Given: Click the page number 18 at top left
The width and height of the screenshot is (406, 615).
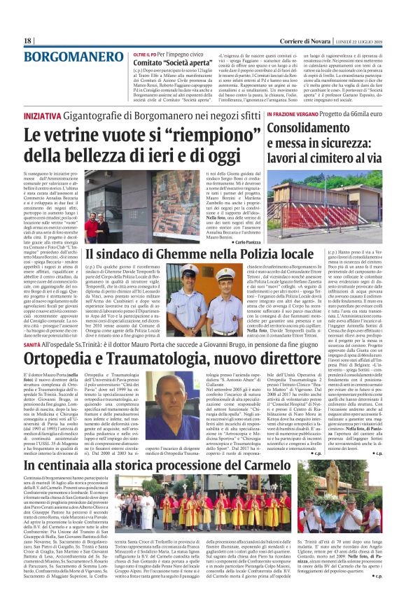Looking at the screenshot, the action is point(29,41).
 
